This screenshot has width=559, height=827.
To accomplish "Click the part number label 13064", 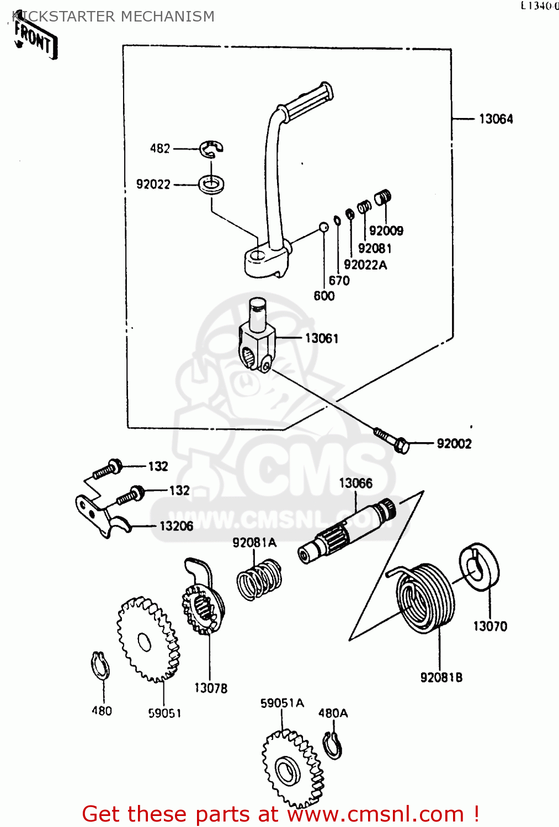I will (496, 119).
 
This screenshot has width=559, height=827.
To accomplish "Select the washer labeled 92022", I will (211, 184).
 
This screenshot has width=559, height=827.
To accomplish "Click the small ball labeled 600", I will (324, 227).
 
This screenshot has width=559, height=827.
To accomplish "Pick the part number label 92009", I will (386, 230).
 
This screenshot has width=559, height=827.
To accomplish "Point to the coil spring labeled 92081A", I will (259, 579).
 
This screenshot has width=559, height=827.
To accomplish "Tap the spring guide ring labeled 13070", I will (479, 567).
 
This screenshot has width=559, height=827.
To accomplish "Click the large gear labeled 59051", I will (148, 640).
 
